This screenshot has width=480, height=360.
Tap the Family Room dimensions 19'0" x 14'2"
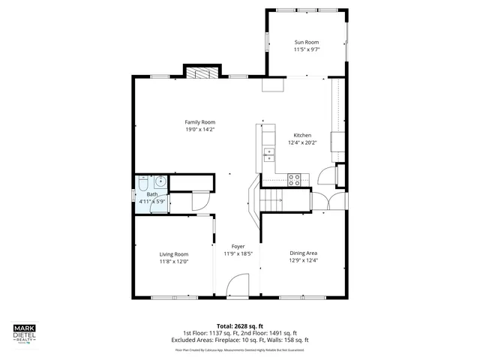[x=200, y=129]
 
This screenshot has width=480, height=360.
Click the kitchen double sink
[x=268, y=154]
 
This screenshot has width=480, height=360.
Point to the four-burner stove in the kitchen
[x=295, y=179]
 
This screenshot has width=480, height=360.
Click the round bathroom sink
[x=160, y=181]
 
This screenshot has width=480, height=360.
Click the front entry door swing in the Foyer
[x=238, y=286]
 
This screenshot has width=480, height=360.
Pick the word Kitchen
[x=302, y=135]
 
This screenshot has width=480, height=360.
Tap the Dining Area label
[x=303, y=253]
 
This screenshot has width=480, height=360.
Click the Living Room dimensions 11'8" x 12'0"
[x=173, y=262]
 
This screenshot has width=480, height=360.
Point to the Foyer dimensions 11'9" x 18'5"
[x=238, y=253]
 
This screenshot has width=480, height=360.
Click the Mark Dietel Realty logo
[x=27, y=334]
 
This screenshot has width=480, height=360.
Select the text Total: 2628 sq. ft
[x=240, y=326]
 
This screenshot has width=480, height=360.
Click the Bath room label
[x=152, y=194]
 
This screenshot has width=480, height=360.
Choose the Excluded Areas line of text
[x=240, y=340]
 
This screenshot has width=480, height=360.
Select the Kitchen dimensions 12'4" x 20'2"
[x=302, y=142]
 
